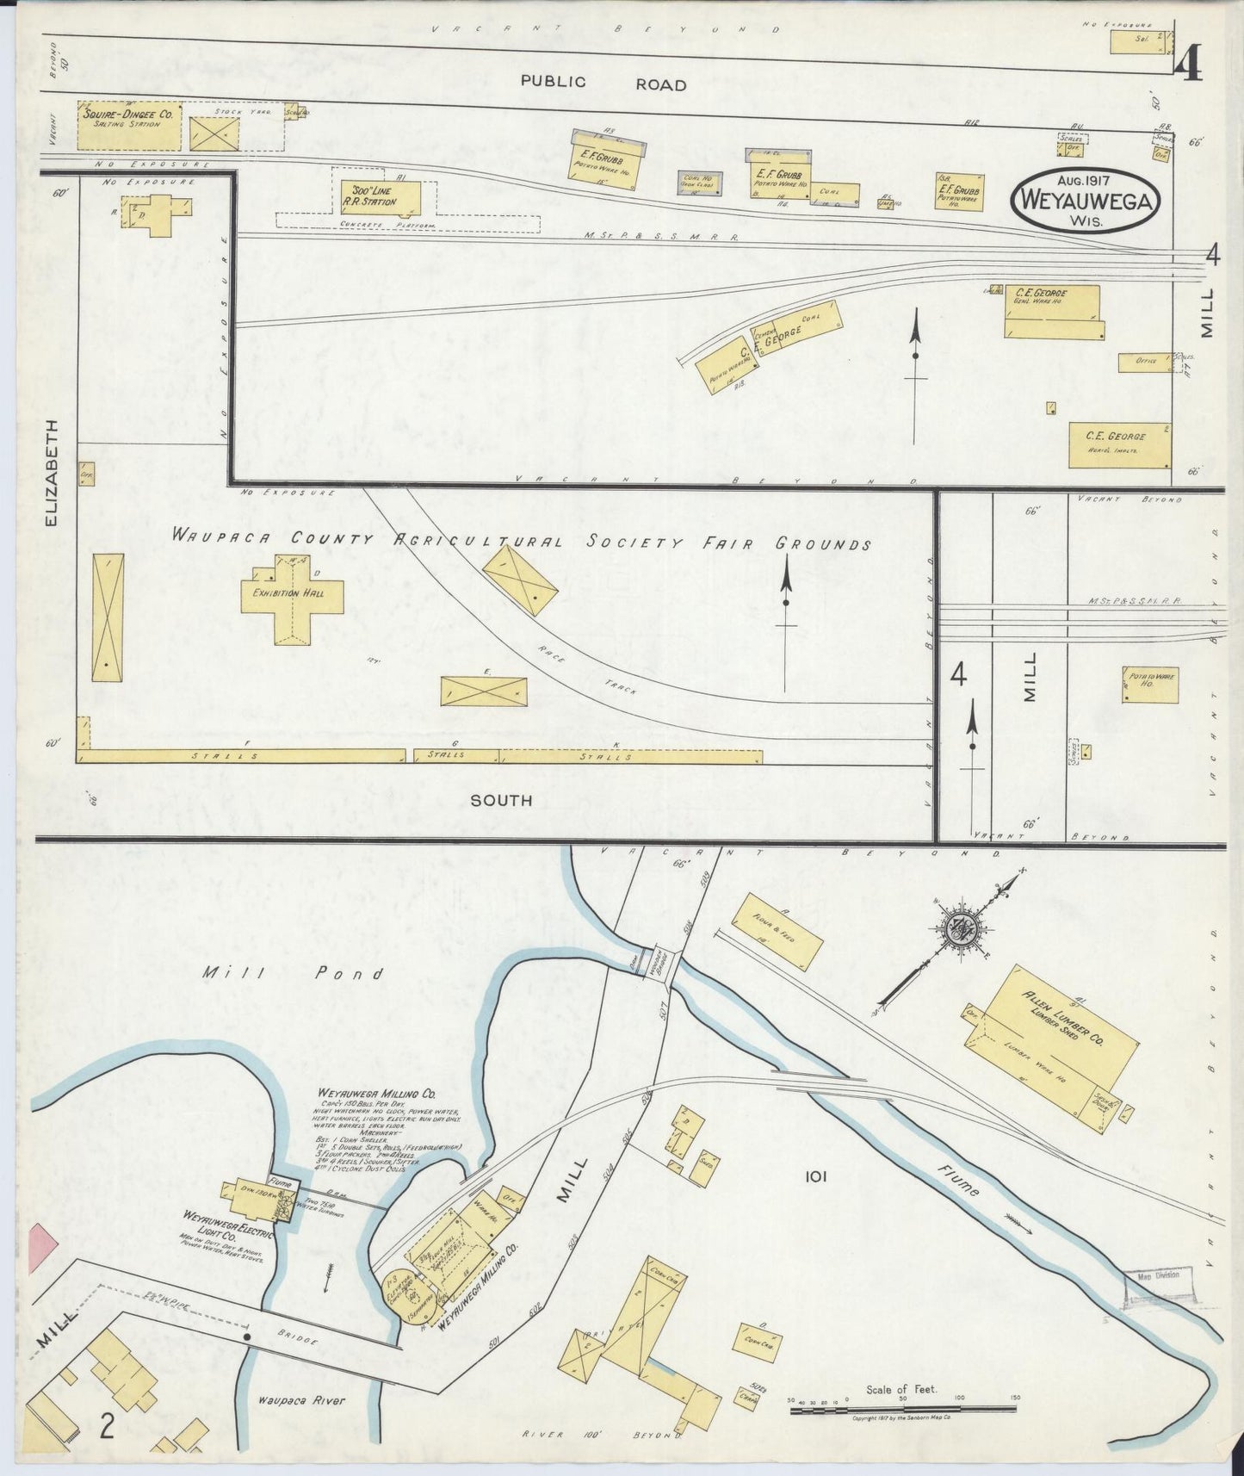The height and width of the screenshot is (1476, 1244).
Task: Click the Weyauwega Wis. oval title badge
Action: (x=1088, y=201)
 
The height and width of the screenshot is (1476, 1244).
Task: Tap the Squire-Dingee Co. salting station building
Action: (x=130, y=127)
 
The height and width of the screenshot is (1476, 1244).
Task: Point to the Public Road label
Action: (x=603, y=84)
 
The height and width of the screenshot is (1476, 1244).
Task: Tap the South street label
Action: (x=500, y=800)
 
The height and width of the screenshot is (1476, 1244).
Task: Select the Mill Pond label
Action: (x=292, y=974)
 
